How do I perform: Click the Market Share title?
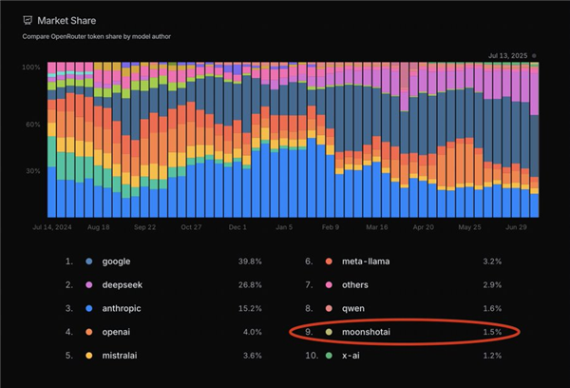[x=67, y=20]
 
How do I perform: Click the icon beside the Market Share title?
[x=28, y=20]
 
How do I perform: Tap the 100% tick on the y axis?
[x=32, y=68]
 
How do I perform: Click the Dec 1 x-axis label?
[x=238, y=228]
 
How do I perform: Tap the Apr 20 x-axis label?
[x=423, y=228]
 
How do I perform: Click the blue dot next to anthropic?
[x=89, y=307]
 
